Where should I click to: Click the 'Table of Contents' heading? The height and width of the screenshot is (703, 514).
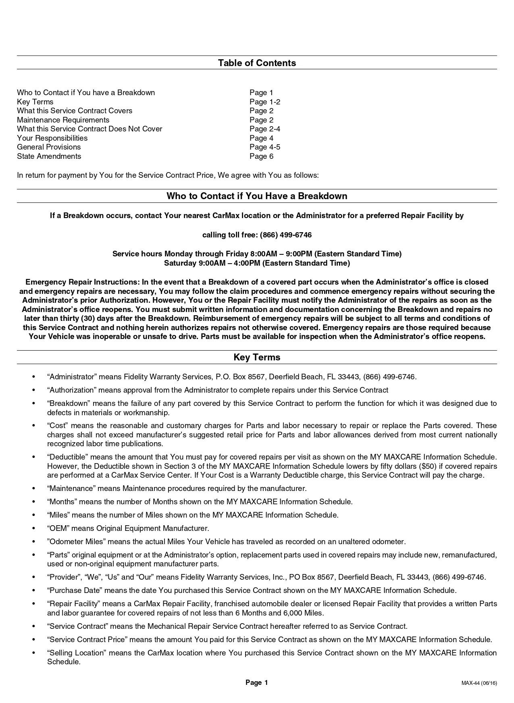click(257, 63)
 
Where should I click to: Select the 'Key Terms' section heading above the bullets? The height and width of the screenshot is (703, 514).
click(257, 358)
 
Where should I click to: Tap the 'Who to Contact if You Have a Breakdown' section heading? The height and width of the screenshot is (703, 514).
click(257, 196)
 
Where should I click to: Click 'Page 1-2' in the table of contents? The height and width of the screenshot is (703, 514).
click(264, 102)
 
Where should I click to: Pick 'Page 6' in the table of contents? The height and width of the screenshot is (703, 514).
click(261, 156)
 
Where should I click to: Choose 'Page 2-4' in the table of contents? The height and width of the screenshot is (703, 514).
click(264, 129)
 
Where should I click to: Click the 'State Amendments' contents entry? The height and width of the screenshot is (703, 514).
click(49, 156)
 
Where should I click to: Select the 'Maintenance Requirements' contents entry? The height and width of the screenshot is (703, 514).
click(63, 120)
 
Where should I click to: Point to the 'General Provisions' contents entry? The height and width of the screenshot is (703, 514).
click(49, 147)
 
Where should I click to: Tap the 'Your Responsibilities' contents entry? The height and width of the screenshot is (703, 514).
click(52, 138)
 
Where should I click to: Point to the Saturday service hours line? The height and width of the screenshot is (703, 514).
click(257, 264)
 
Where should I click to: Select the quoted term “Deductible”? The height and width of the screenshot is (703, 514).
click(67, 457)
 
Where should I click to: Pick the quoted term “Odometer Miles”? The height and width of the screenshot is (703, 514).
click(76, 542)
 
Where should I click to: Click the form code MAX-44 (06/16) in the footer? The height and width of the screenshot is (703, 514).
click(479, 683)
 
